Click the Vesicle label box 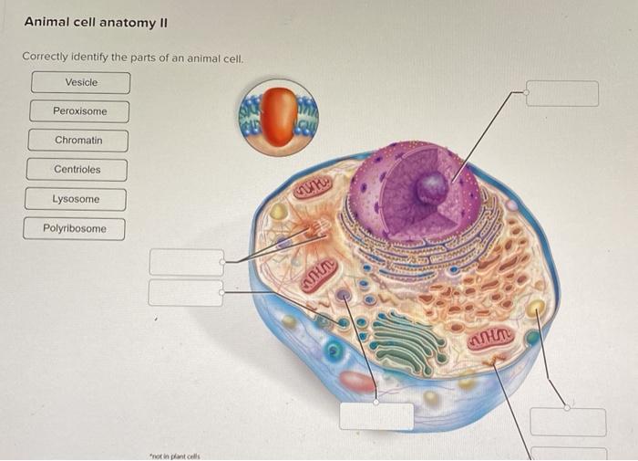81,83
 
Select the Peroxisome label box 79,111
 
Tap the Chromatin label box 78,141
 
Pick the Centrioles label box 77,170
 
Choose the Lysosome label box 76,199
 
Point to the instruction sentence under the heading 133,57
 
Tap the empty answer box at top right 562,94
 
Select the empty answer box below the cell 376,415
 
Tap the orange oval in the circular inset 282,116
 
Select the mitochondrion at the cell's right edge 492,341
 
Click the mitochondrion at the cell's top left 312,188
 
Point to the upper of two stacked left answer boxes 186,262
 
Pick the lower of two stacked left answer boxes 185,292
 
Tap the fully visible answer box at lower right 568,422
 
